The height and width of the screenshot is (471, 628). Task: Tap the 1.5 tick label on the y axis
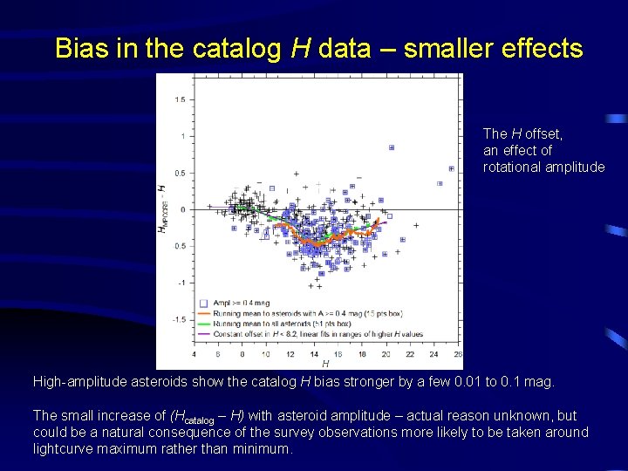click(x=179, y=99)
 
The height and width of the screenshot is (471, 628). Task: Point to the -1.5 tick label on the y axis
click(x=177, y=320)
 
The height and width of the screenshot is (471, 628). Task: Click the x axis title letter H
click(x=325, y=364)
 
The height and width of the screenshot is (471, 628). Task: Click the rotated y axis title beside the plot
click(x=162, y=209)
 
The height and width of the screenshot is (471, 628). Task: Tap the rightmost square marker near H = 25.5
click(x=451, y=168)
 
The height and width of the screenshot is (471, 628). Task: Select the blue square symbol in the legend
click(x=202, y=301)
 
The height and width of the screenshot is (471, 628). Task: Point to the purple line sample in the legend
click(x=202, y=334)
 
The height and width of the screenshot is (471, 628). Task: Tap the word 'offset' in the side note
click(x=543, y=133)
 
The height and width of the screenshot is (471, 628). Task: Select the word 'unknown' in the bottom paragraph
click(x=527, y=416)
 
